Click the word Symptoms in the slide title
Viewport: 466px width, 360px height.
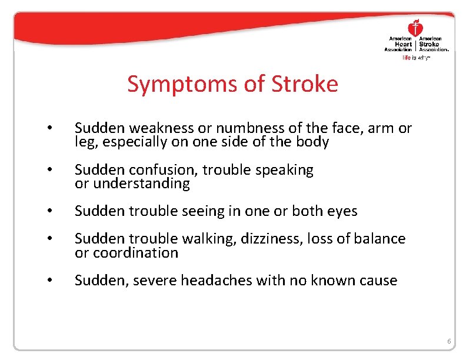(x=176, y=84)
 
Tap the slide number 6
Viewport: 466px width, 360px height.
(x=449, y=342)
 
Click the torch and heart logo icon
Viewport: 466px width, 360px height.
(x=415, y=28)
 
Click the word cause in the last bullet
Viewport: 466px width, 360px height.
(x=378, y=281)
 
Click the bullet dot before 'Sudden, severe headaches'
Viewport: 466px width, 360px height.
(x=52, y=281)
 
